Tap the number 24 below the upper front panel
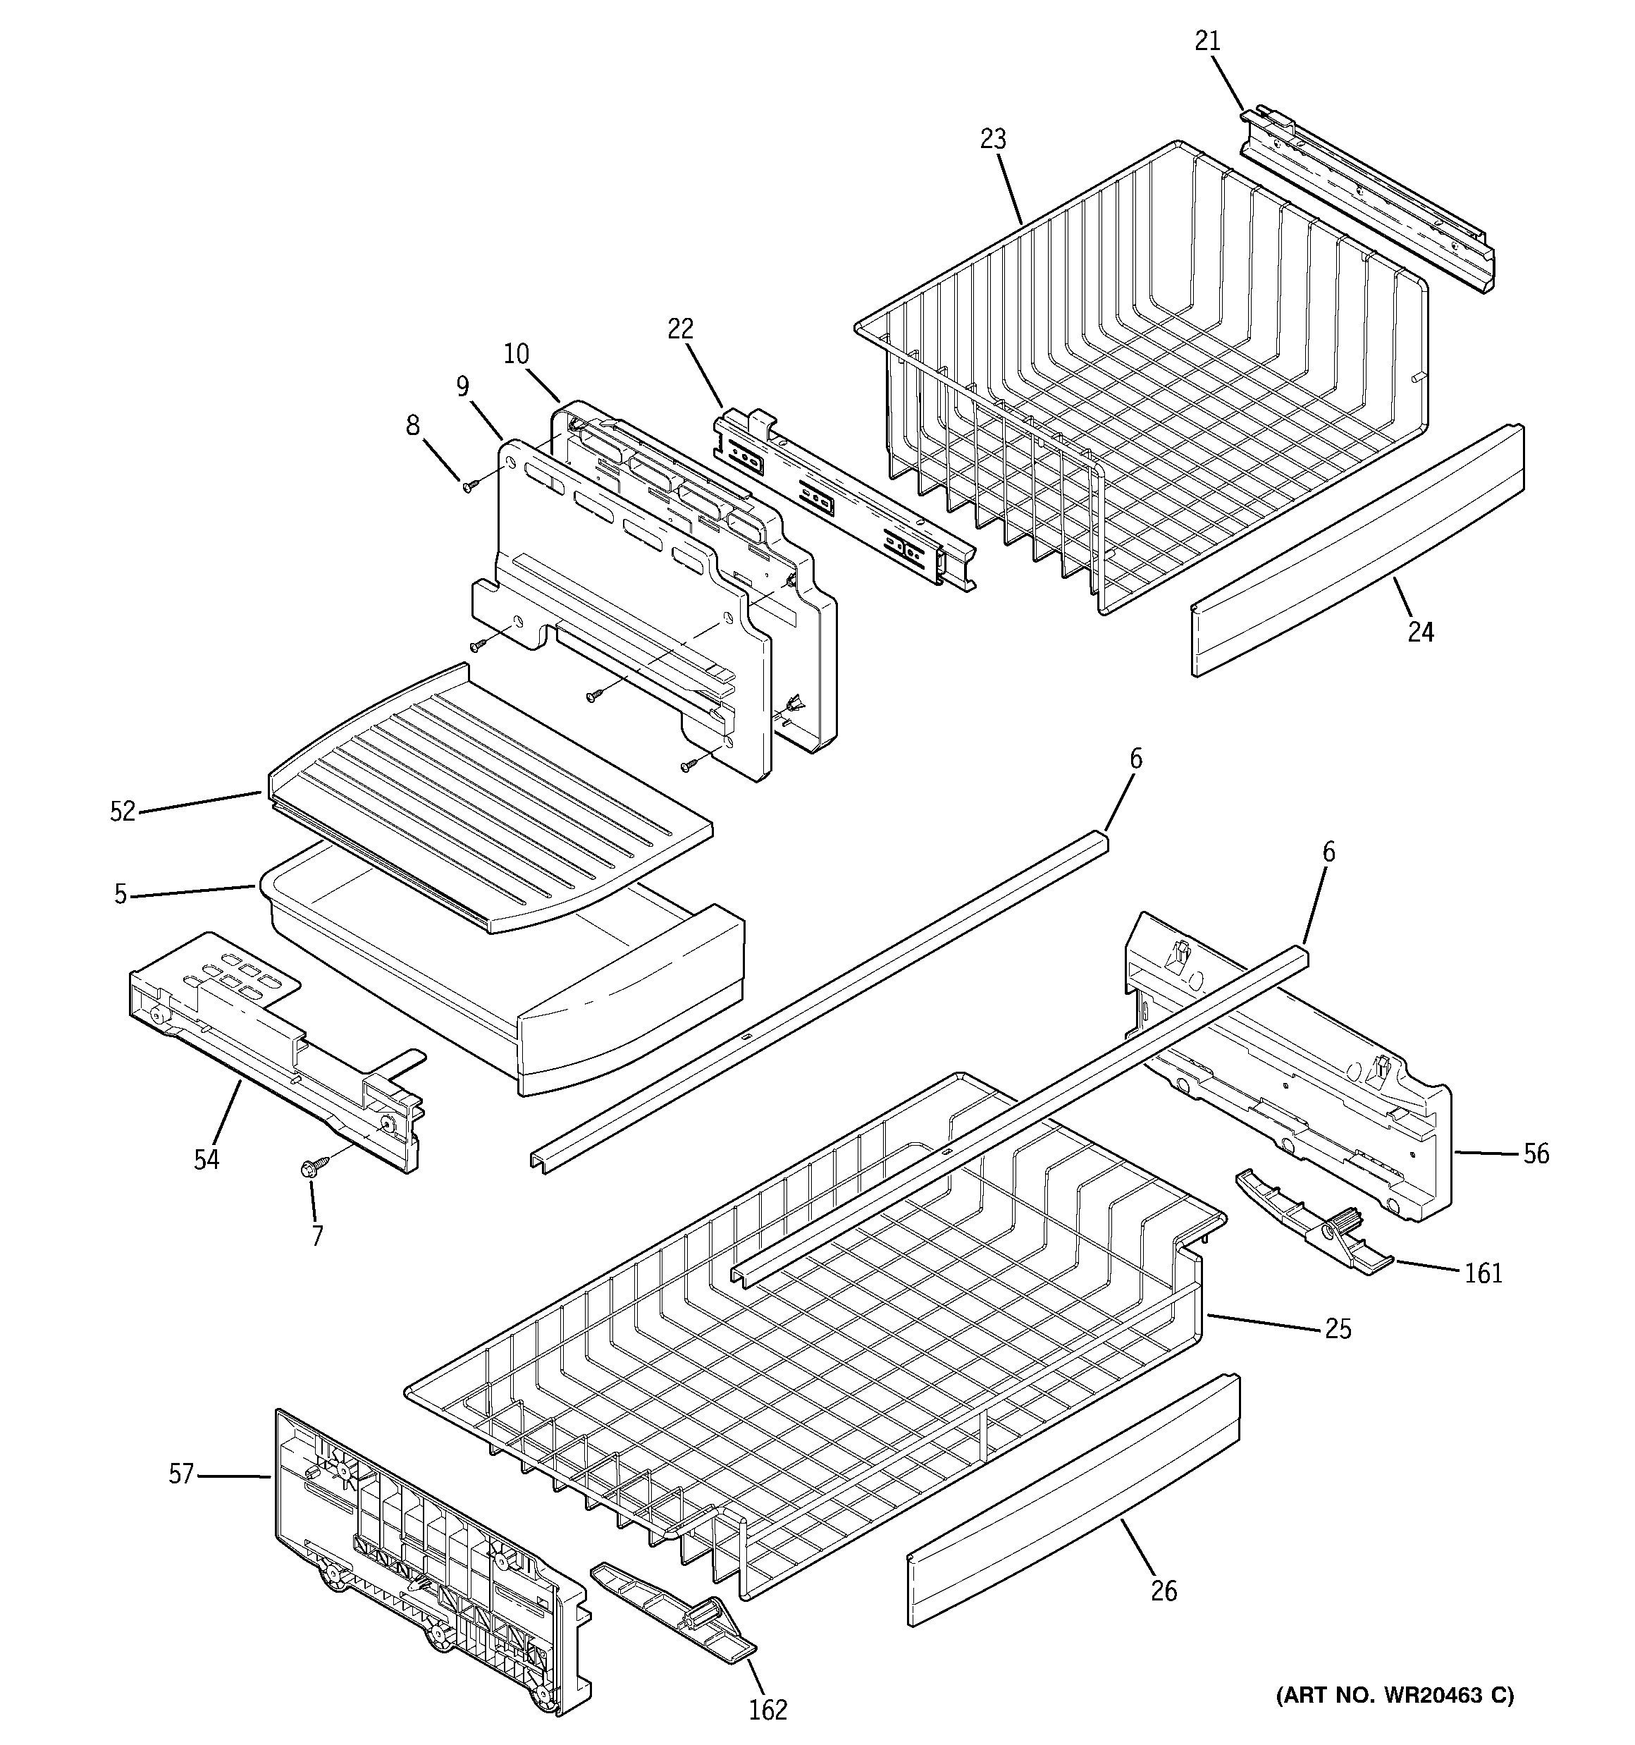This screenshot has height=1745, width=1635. (x=1420, y=631)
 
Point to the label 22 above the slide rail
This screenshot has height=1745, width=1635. (x=680, y=329)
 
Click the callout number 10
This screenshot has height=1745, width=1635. (x=517, y=354)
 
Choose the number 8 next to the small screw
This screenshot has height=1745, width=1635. (x=412, y=426)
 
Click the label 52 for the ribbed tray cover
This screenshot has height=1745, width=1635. (x=123, y=812)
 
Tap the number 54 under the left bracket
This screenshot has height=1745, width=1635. (x=206, y=1160)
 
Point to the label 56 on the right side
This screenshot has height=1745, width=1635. (x=1535, y=1153)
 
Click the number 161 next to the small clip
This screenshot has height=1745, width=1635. (x=1483, y=1273)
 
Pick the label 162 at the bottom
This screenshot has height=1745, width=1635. (x=768, y=1710)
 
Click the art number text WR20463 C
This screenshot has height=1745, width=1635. (x=1395, y=1695)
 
